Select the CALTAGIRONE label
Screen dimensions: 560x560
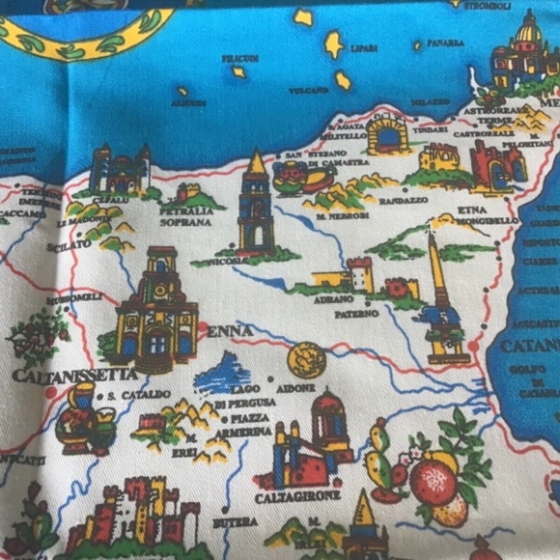click(298, 495)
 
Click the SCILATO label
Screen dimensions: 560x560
click(72, 245)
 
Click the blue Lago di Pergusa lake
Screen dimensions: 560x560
click(224, 374)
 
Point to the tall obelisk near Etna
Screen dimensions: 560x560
click(439, 290)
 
